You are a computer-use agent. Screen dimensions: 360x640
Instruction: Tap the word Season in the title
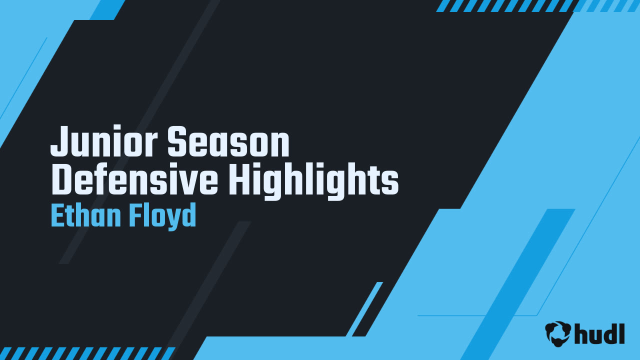(228, 142)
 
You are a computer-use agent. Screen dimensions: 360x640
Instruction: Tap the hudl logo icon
(558, 333)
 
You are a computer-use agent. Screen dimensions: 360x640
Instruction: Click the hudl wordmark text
(599, 333)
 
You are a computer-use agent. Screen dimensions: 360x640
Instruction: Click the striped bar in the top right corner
(537, 6)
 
